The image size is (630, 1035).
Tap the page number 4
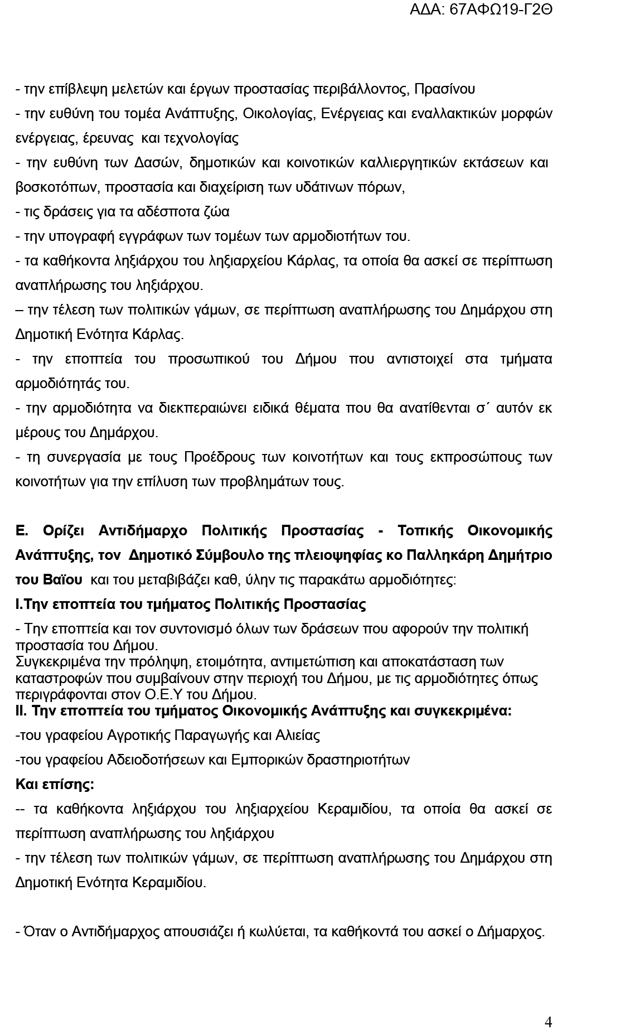click(548, 1022)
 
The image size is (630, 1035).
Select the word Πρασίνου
click(445, 89)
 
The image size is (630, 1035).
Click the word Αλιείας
click(297, 735)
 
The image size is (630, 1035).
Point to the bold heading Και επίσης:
click(55, 784)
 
